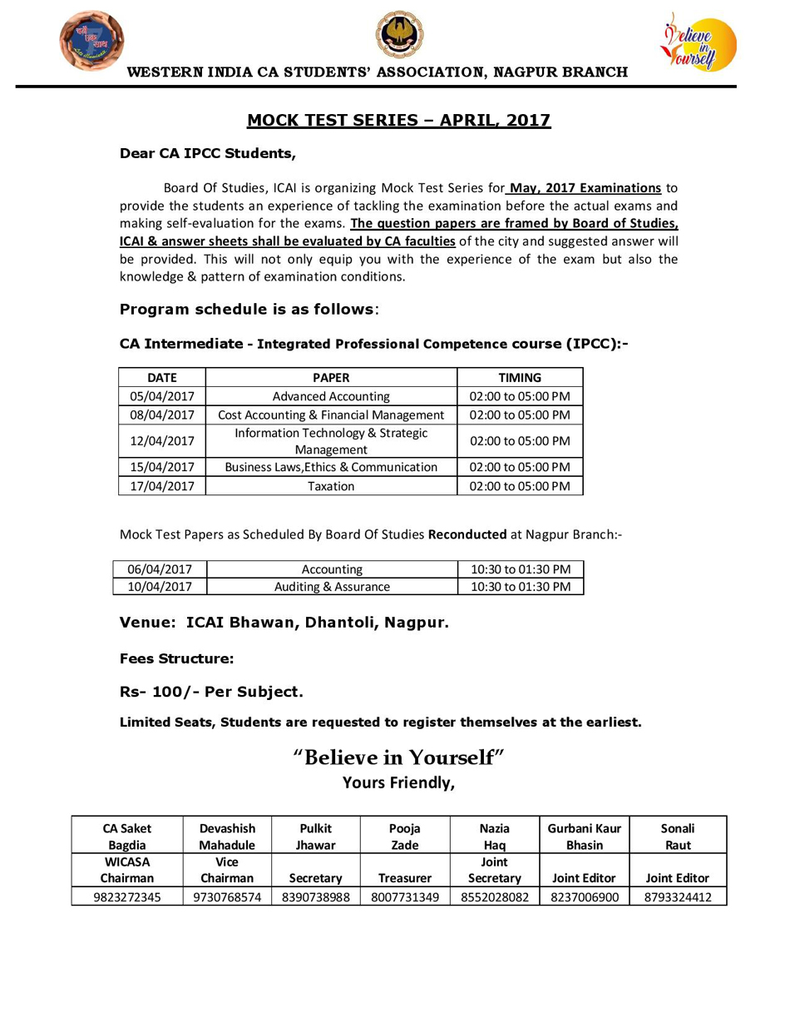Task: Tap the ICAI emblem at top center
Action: [399, 35]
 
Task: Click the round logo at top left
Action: [91, 40]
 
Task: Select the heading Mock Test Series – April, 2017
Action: [398, 121]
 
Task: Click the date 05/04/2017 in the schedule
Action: [161, 396]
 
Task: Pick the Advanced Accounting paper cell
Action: [331, 396]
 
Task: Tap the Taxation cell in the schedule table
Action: [331, 486]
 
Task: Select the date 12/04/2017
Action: [161, 441]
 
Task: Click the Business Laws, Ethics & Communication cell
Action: [331, 467]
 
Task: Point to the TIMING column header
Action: [520, 377]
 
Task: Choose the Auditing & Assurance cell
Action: [332, 587]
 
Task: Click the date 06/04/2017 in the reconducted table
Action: [160, 569]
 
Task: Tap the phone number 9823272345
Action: [127, 897]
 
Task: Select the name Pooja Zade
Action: [405, 837]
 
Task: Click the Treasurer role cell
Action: [405, 878]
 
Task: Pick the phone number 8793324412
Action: [678, 897]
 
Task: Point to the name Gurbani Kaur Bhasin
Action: [585, 837]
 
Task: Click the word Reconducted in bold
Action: [467, 534]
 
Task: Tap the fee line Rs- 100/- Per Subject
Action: [211, 692]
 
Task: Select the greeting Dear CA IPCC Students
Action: [207, 154]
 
